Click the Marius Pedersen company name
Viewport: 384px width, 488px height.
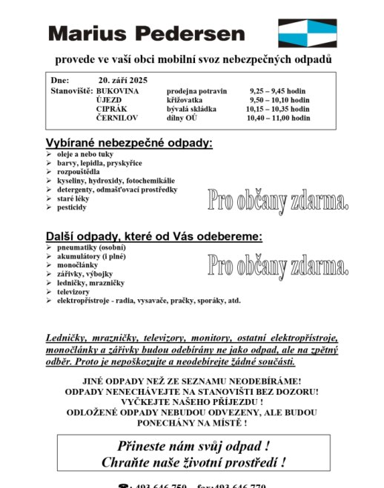[146, 33]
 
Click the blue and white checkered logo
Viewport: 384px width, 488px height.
[307, 33]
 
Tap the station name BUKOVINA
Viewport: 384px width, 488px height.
[117, 90]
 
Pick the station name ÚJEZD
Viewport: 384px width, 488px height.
[110, 99]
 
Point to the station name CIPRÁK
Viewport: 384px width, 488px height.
[111, 108]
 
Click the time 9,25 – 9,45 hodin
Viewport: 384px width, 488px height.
[279, 90]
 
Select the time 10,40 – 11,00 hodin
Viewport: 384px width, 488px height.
[278, 118]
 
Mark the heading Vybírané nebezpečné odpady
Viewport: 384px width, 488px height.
[129, 143]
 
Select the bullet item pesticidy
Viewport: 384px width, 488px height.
[72, 207]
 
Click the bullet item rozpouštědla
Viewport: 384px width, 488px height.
[78, 172]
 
